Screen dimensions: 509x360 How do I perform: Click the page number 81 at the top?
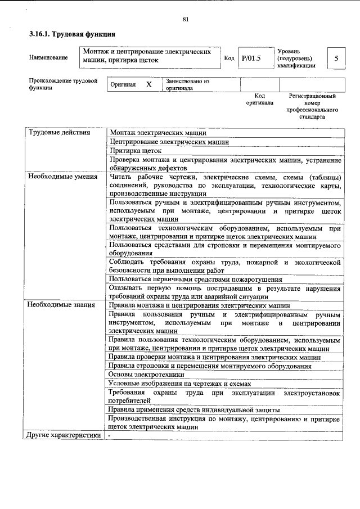(x=185, y=20)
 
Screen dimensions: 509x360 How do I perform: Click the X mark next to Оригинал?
(x=148, y=84)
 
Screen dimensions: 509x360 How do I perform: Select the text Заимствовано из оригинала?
(x=187, y=85)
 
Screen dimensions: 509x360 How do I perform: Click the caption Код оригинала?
(x=259, y=100)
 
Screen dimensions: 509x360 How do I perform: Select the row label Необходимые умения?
(x=62, y=177)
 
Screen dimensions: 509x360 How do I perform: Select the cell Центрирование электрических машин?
(x=169, y=142)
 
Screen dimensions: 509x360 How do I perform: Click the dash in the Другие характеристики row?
(x=110, y=435)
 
